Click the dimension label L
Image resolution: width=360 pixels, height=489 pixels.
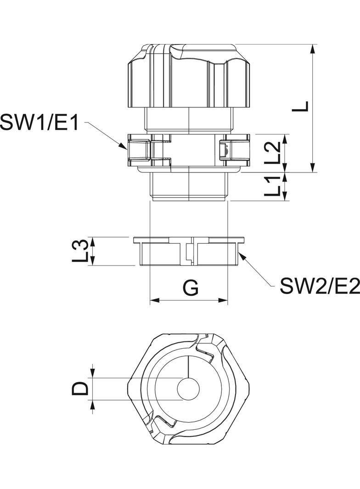301,106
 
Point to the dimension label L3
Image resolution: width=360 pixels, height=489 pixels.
81,251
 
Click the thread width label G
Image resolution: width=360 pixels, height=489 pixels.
190,288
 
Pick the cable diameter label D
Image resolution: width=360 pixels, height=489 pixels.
80,389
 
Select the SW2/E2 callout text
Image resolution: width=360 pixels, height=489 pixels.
320,287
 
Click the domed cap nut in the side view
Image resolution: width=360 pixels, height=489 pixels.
189,76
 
